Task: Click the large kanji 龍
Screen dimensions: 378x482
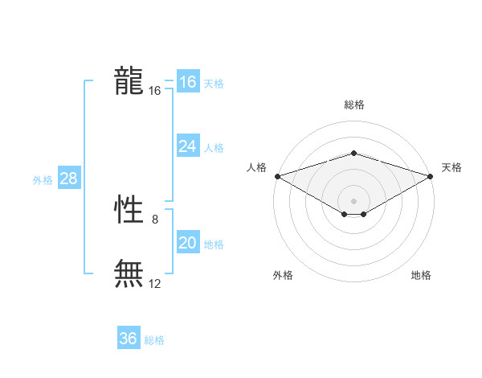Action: coord(129,81)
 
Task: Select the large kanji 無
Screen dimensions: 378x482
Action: coord(129,273)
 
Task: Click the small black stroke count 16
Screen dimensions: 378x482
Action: coord(155,91)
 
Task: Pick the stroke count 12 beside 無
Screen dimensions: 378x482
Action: coord(155,283)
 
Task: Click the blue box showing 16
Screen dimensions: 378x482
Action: coord(187,82)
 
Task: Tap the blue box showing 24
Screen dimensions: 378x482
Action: coord(187,146)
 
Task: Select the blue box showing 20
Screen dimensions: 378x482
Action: coord(187,243)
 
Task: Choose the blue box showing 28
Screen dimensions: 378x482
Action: coord(68,179)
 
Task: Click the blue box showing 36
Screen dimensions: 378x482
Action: coord(128,339)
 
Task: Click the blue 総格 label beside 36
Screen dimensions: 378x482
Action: coord(154,340)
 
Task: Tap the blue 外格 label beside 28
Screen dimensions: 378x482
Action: coord(43,180)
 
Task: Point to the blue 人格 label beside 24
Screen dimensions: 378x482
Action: coord(214,148)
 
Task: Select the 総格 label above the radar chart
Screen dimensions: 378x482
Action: coord(353,105)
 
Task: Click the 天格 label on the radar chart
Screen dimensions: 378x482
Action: coord(452,167)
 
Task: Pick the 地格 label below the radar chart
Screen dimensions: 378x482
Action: coord(421,275)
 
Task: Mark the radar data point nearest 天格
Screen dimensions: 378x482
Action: coord(431,175)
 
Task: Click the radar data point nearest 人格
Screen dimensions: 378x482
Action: coord(277,175)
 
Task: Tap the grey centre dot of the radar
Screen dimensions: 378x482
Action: coord(353,200)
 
